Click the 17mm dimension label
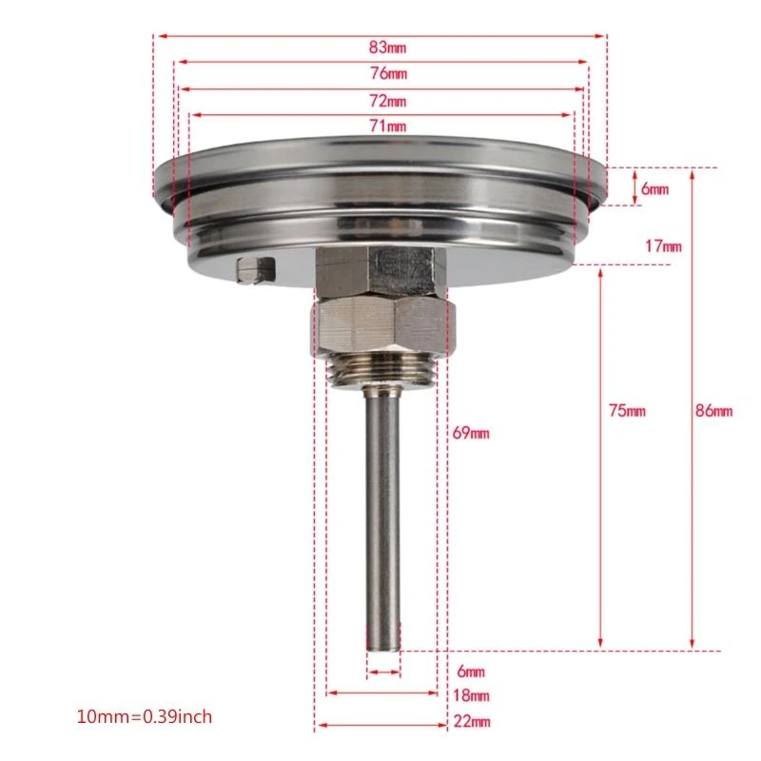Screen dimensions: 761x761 point(664,246)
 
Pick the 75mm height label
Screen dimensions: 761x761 point(627,411)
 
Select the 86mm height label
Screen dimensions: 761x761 point(714,411)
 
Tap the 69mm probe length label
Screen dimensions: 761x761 point(469,434)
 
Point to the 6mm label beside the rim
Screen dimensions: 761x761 point(654,189)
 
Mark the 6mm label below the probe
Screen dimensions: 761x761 point(470,672)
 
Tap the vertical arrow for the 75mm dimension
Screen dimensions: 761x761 point(600,457)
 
